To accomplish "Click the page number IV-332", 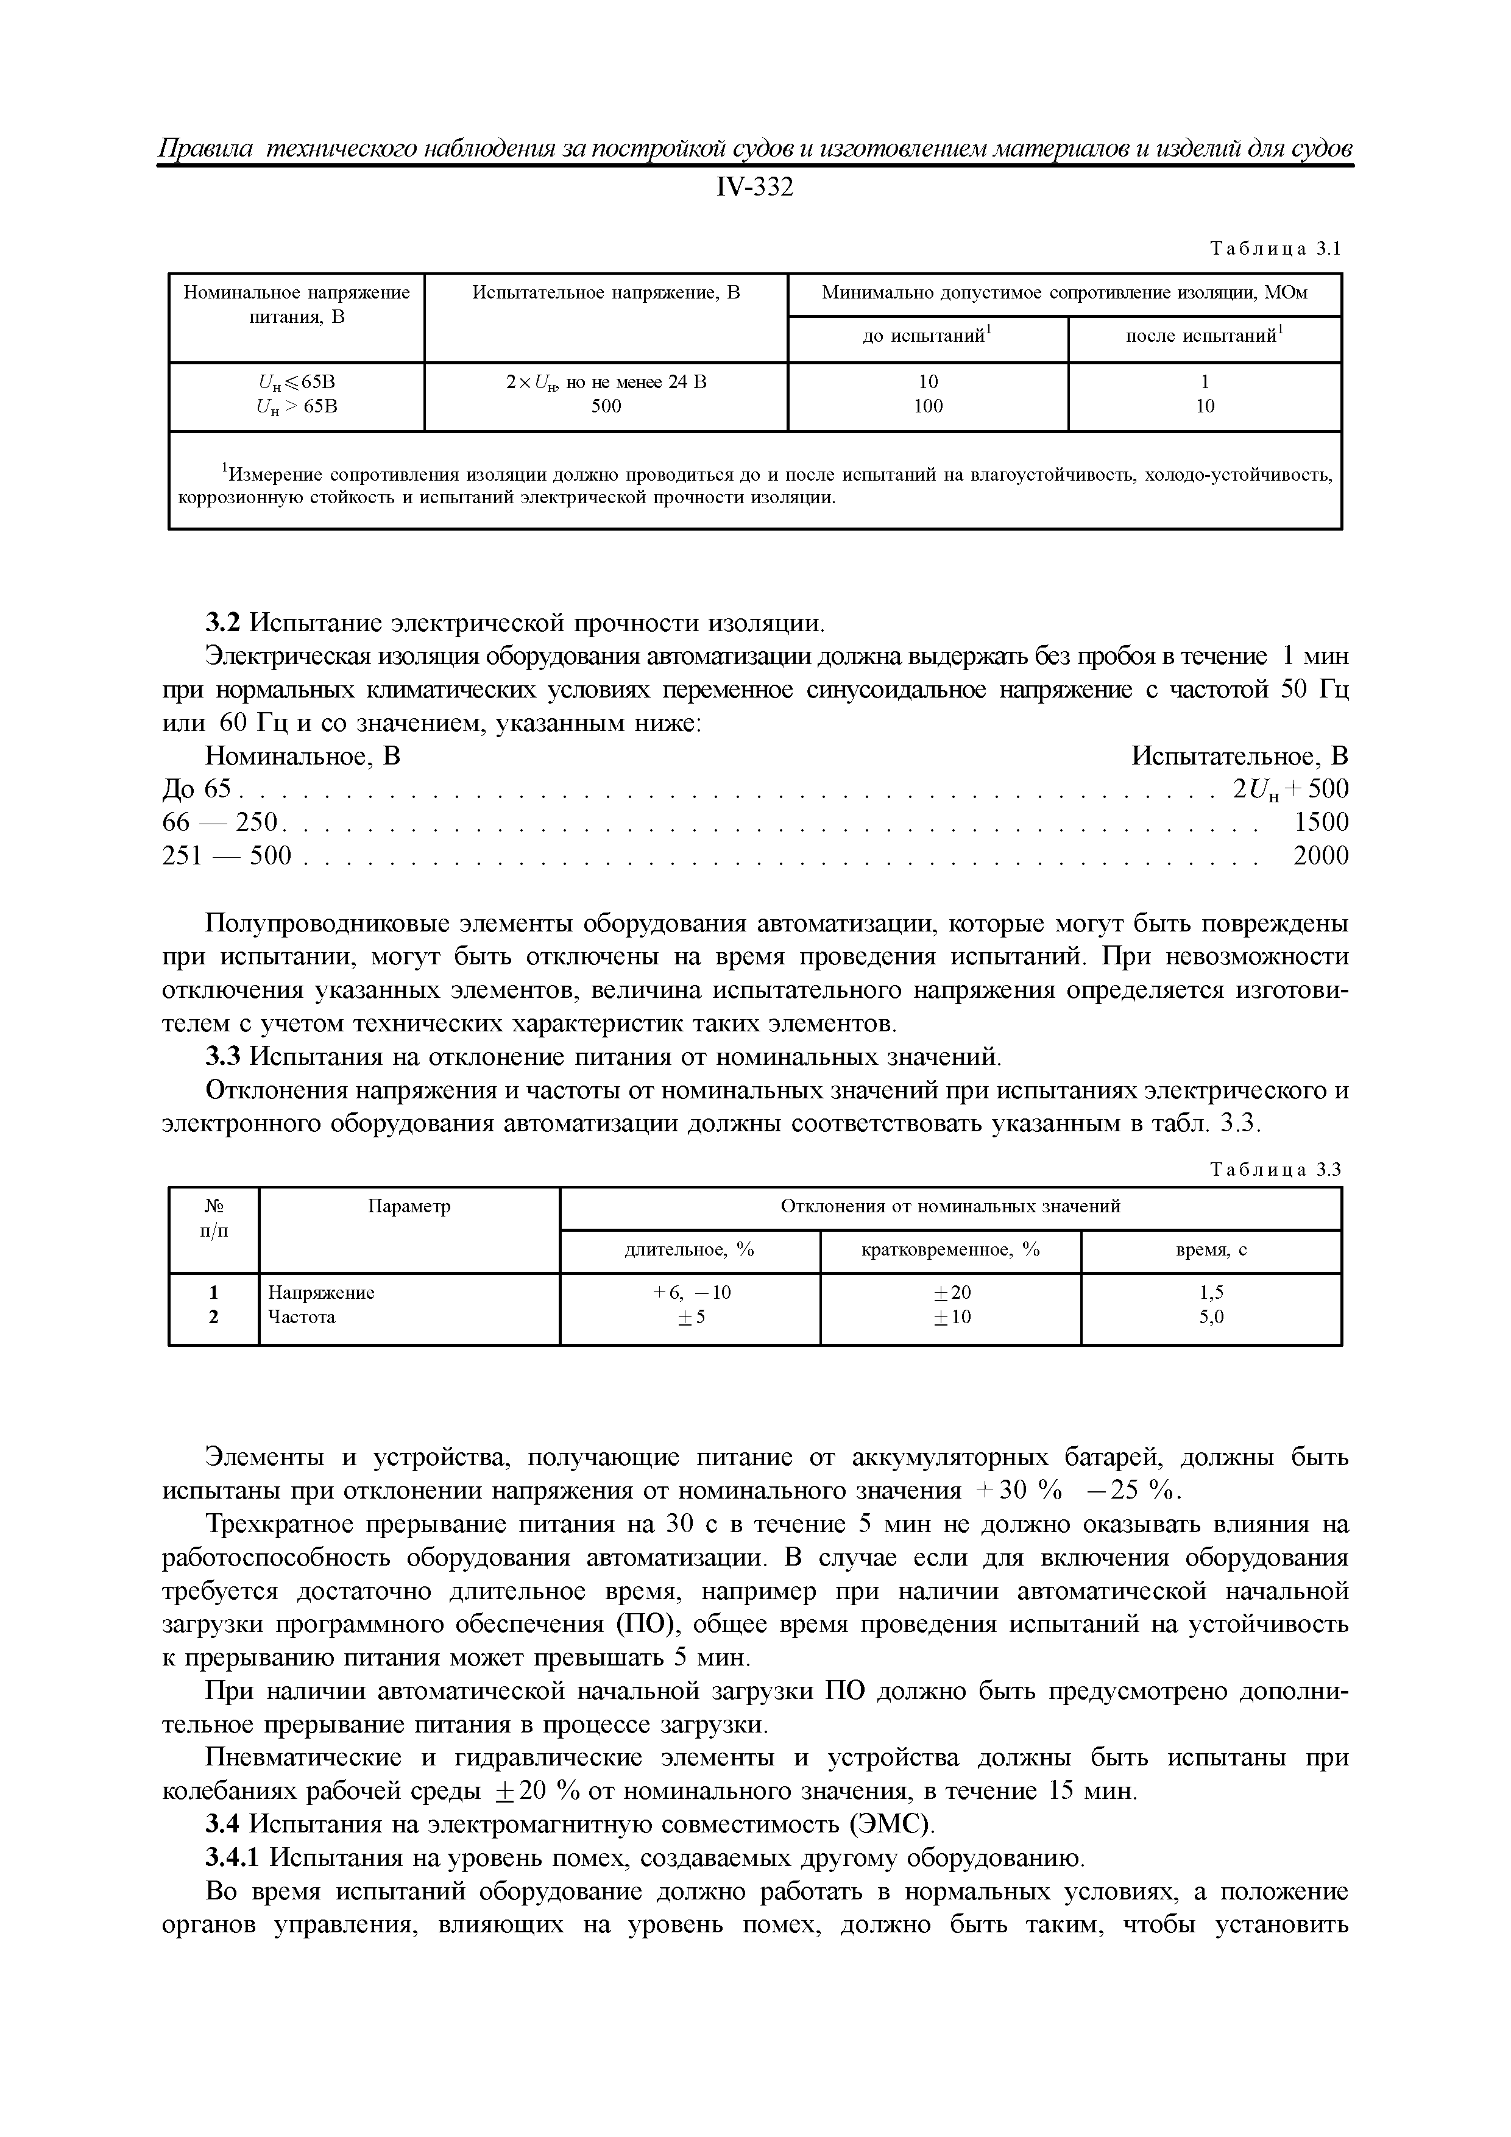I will click(755, 188).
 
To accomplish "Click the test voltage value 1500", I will click(1320, 822).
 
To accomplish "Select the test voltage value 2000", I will click(1320, 855).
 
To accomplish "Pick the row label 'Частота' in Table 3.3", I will click(302, 1317).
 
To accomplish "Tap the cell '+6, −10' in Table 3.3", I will click(690, 1293).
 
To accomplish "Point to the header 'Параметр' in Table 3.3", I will click(409, 1207).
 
